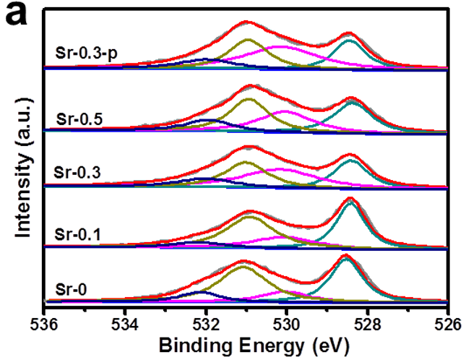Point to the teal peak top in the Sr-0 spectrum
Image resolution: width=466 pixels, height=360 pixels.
coord(347,260)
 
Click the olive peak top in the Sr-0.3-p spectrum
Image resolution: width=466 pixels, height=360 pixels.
coord(248,40)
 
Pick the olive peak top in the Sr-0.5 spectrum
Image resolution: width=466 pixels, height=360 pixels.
coord(249,99)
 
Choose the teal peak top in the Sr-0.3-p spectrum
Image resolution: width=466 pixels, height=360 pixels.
coord(350,40)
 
